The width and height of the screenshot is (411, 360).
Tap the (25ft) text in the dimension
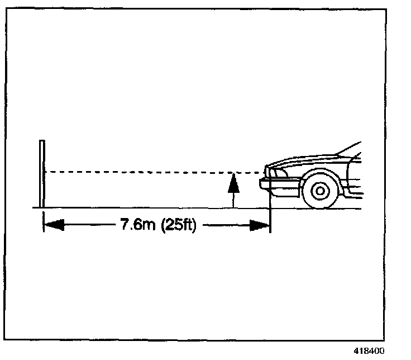point(178,226)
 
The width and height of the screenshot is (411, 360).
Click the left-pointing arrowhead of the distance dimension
point(52,226)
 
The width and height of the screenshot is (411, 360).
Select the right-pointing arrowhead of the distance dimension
point(261,226)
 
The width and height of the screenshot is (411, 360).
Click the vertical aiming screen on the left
point(41,174)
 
